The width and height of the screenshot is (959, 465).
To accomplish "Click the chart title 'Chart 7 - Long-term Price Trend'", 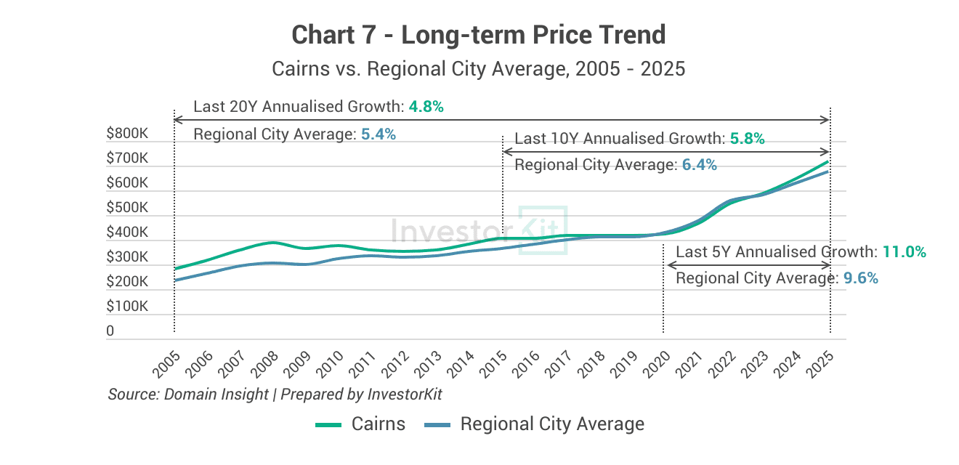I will (x=478, y=34).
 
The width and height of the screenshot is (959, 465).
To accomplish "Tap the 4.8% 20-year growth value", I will (x=426, y=107).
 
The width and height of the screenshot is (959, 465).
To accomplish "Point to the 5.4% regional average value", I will (x=378, y=134).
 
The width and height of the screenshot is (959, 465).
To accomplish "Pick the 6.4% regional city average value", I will (x=699, y=166).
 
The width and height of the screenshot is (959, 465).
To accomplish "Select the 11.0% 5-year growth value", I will (x=904, y=252).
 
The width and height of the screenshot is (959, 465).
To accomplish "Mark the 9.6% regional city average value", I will (x=860, y=278).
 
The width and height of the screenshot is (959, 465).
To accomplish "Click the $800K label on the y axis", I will (x=127, y=134).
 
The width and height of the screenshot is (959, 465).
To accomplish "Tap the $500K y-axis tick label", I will (x=127, y=208).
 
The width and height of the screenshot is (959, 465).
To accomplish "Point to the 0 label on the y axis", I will (x=110, y=331).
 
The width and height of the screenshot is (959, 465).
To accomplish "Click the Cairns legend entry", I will (x=360, y=424).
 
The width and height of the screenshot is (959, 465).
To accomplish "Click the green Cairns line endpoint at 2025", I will (x=829, y=161).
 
